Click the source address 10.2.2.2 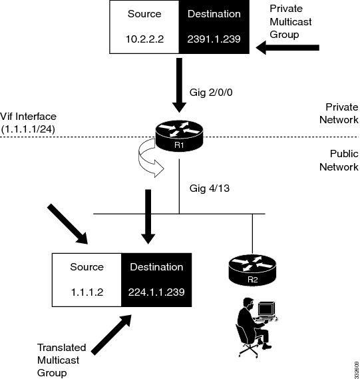(x=144, y=39)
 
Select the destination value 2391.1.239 (x=214, y=39)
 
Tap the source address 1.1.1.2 (x=87, y=292)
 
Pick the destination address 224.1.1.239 (x=156, y=292)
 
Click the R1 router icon (x=179, y=136)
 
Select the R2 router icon (x=252, y=270)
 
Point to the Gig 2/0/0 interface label (x=211, y=93)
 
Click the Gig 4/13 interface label (x=210, y=189)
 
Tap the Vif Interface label (x=28, y=123)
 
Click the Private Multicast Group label (x=291, y=21)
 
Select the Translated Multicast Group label (x=62, y=360)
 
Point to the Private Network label (x=339, y=113)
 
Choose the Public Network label (x=339, y=161)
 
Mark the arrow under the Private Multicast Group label (x=287, y=47)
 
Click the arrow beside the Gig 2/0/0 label (x=179, y=85)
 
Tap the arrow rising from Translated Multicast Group (x=112, y=335)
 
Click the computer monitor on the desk (x=266, y=309)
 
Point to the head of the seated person (x=248, y=303)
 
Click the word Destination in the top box (x=214, y=14)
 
